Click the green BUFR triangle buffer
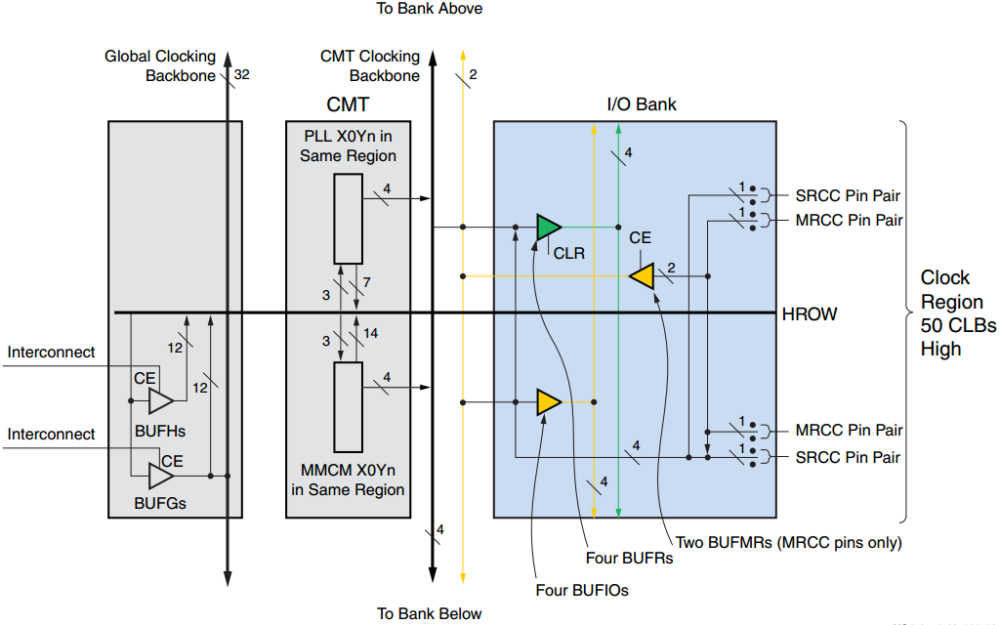pyautogui.click(x=548, y=228)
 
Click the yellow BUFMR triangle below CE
pyautogui.click(x=642, y=276)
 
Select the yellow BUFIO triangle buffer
pyautogui.click(x=548, y=401)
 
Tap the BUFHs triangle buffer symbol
pyautogui.click(x=160, y=400)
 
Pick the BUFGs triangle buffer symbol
pyautogui.click(x=160, y=476)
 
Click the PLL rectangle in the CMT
pyautogui.click(x=348, y=219)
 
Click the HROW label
pyautogui.click(x=810, y=314)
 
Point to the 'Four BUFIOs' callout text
pyautogui.click(x=582, y=590)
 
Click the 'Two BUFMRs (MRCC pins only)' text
pyautogui.click(x=788, y=542)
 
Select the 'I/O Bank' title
pyautogui.click(x=642, y=104)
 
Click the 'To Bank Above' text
pyautogui.click(x=430, y=9)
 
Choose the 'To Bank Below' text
pyautogui.click(x=430, y=613)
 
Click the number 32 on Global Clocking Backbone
pyautogui.click(x=242, y=74)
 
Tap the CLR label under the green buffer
pyautogui.click(x=568, y=253)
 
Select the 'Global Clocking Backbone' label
pyautogui.click(x=160, y=66)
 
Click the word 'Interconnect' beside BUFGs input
pyautogui.click(x=52, y=435)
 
